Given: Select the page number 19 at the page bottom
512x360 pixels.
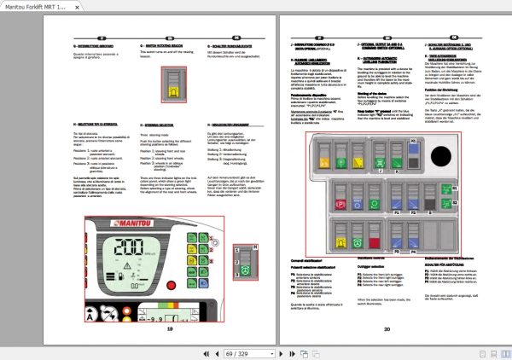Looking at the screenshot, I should click(170, 328).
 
